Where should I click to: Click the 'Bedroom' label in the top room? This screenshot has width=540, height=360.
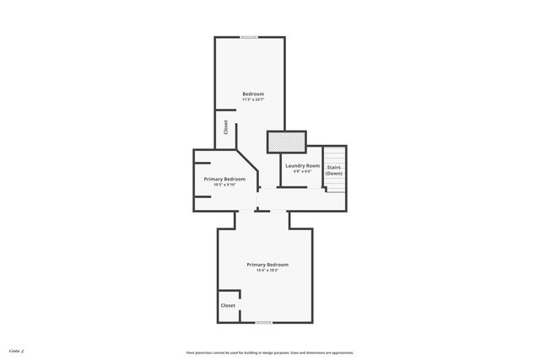253,94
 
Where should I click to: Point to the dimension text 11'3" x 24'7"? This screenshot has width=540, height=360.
253,99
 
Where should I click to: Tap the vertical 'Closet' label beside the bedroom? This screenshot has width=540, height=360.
226,127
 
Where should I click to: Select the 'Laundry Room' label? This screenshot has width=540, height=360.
302,165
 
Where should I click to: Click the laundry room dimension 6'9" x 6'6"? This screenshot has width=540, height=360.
302,171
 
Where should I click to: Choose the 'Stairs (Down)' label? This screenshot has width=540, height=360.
334,170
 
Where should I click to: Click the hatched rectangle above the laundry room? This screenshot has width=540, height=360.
286,142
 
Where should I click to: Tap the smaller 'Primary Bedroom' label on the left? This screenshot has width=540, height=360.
224,179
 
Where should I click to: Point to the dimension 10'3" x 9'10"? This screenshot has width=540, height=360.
224,185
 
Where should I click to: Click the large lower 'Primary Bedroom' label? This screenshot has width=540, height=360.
267,265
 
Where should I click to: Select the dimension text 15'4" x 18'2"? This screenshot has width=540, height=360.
267,271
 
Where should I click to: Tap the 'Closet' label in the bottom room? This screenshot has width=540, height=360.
228,305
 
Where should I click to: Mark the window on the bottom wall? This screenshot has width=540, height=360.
264,322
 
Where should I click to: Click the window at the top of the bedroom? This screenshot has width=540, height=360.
249,37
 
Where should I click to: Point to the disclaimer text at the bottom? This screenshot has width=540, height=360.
269,352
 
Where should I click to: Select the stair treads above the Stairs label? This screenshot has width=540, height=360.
335,155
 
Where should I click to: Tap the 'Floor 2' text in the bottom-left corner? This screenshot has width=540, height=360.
14,349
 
